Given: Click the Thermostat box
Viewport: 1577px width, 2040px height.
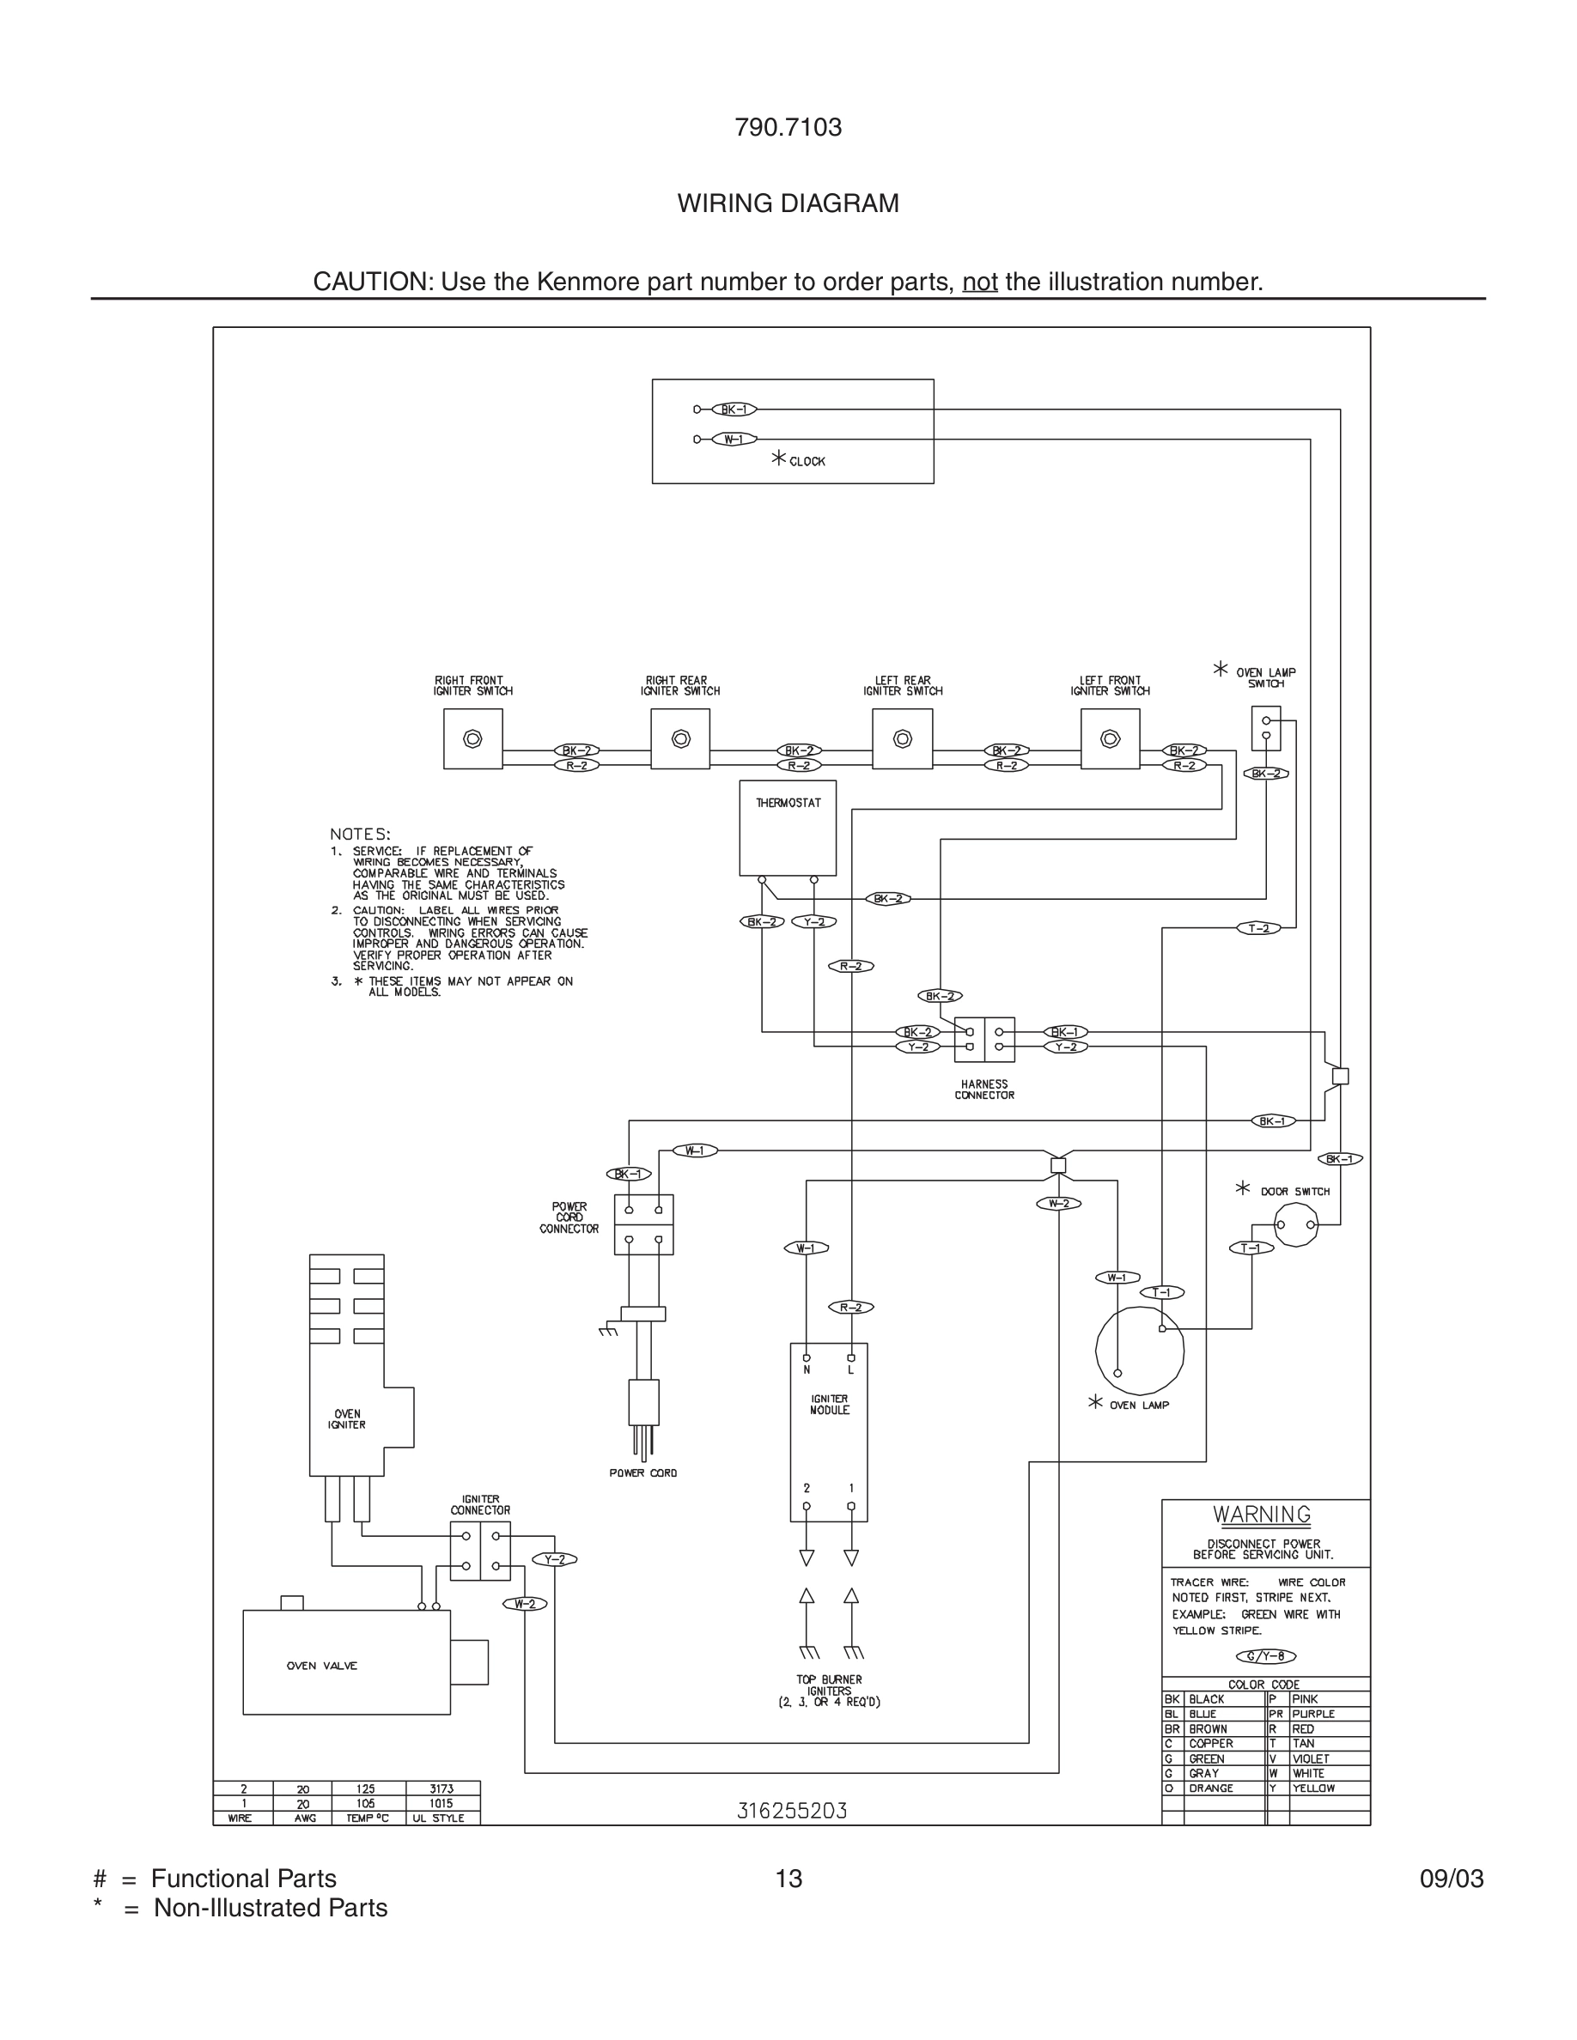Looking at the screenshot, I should coord(787,828).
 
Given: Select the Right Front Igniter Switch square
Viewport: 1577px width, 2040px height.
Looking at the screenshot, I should coord(472,739).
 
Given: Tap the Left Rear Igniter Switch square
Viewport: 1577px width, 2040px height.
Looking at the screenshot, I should coord(902,739).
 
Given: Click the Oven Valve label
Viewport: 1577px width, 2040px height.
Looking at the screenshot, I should coord(321,1666).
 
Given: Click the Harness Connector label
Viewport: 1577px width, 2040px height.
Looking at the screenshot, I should coord(983,1090).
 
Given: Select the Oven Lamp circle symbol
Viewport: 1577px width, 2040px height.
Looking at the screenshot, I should coord(1139,1351).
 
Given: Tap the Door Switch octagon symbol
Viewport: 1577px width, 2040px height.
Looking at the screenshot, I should coord(1296,1224).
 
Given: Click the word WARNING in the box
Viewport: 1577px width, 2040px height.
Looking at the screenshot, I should coord(1261,1515).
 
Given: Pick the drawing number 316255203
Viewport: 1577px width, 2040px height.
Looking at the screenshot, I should coord(791,1810).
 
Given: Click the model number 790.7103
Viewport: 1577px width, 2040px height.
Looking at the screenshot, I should coord(788,127).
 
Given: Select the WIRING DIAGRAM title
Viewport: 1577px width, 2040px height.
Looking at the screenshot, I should coord(788,203).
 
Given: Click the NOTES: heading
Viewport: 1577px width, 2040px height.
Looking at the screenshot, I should coord(360,833).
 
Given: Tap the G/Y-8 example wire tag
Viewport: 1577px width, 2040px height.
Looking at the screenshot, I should coord(1265,1656).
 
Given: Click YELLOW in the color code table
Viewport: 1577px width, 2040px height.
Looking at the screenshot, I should coord(1312,1788).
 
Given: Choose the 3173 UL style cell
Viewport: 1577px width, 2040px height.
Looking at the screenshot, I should coord(441,1788).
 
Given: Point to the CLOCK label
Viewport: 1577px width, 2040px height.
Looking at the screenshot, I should coord(807,461).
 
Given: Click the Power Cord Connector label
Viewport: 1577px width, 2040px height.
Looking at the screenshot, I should coord(568,1217).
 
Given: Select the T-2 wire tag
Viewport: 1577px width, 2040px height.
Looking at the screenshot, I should coord(1258,927).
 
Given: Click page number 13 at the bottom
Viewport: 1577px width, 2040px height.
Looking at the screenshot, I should coord(788,1879).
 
